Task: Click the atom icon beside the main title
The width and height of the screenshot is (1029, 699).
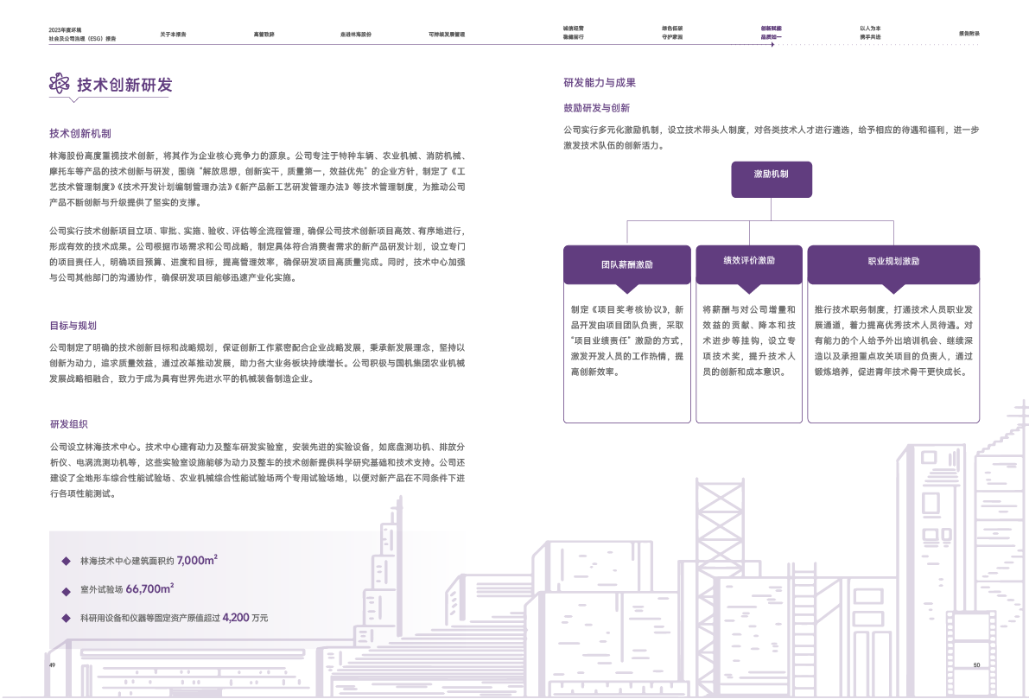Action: [59, 84]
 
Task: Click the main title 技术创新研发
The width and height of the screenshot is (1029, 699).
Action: [124, 85]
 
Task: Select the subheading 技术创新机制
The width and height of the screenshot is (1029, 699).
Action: [79, 134]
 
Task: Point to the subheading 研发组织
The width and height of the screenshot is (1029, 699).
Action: [68, 424]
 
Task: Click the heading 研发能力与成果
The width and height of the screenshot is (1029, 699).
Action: [600, 83]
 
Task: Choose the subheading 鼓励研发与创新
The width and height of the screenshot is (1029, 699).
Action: [596, 108]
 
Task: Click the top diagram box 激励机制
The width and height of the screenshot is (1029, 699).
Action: [771, 174]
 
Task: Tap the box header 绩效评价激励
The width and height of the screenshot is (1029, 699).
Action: [749, 260]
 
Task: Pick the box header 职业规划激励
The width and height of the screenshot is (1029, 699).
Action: [893, 261]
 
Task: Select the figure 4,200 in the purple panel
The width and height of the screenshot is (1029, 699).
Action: [236, 618]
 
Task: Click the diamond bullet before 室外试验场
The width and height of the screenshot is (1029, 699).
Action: [66, 589]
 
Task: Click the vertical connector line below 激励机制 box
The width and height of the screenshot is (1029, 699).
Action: [771, 207]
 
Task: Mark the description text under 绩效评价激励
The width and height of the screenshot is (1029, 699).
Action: [748, 340]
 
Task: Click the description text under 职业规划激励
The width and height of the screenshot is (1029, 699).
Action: [893, 340]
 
